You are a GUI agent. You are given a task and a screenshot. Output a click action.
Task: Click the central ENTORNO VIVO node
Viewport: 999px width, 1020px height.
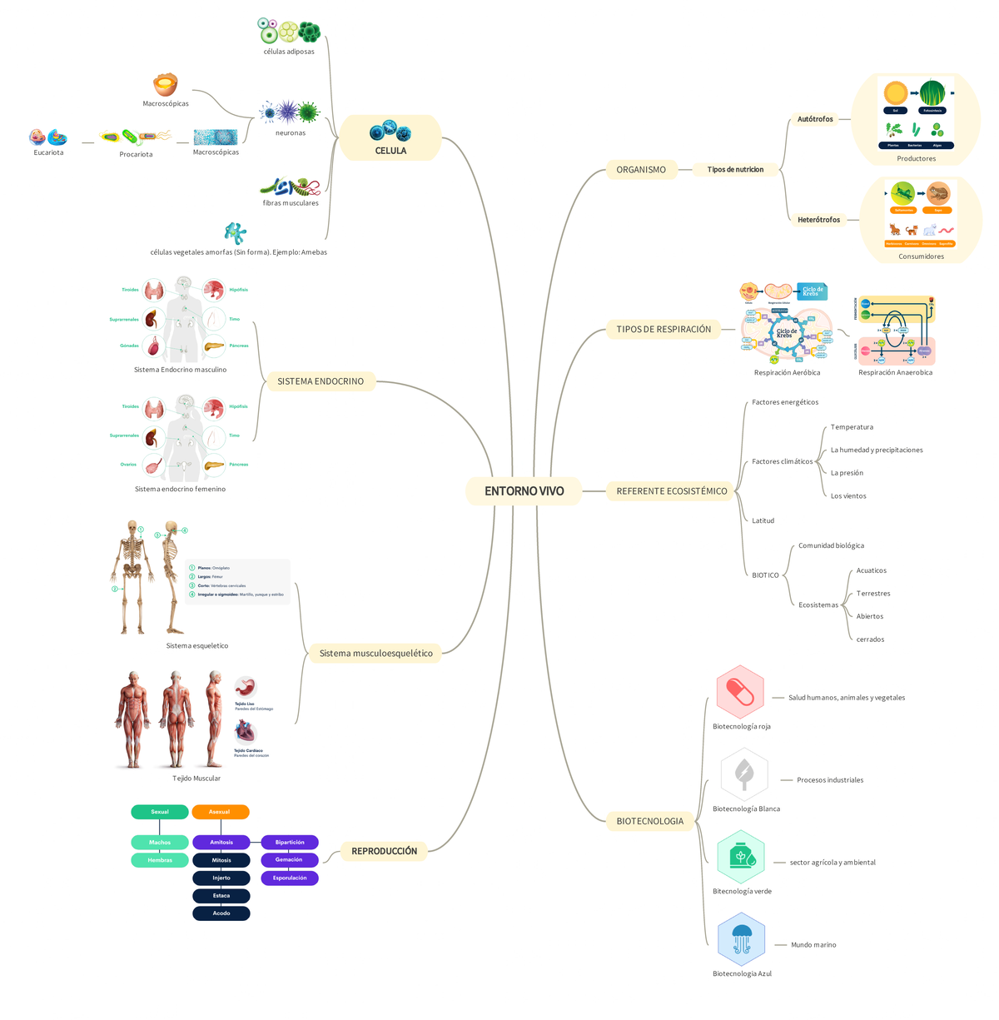[x=524, y=491]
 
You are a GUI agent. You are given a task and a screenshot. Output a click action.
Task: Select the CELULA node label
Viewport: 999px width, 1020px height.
[x=390, y=151]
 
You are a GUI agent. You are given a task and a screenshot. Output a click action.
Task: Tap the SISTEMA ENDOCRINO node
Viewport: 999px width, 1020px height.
[x=321, y=381]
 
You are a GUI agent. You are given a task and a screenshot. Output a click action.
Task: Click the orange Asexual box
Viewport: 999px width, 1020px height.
[x=220, y=812]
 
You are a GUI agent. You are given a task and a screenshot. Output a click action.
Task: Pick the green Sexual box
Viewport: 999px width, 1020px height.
[x=159, y=812]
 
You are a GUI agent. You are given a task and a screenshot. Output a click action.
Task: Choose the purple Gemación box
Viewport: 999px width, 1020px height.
[x=289, y=859]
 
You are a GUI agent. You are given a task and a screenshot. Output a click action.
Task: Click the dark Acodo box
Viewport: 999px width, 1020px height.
[x=221, y=913]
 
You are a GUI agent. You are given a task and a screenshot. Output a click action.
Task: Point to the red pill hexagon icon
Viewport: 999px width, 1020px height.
[x=740, y=692]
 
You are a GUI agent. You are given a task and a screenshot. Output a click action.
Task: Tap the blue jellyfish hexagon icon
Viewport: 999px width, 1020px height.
[x=741, y=939]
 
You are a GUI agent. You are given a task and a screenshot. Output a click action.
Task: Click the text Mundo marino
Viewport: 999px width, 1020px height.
[x=813, y=945]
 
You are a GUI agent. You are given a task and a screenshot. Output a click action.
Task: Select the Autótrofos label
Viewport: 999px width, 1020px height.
[x=815, y=119]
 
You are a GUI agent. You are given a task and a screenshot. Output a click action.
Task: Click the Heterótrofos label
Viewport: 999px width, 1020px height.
[x=818, y=220]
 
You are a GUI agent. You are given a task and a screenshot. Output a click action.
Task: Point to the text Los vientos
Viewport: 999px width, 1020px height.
[x=848, y=496]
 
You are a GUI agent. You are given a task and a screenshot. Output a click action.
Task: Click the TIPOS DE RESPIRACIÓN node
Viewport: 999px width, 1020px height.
[x=664, y=330]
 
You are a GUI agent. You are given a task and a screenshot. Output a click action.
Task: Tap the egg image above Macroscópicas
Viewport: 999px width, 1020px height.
[x=166, y=84]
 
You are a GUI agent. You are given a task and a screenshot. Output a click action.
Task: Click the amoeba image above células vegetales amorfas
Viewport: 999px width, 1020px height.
[x=236, y=232]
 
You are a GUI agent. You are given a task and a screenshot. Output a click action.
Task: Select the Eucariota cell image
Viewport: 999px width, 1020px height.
[x=48, y=137]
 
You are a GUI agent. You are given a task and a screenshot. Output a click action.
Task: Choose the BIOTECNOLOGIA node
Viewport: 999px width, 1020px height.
[x=649, y=821]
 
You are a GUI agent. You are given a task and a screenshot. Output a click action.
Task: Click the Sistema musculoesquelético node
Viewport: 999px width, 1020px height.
[x=375, y=654]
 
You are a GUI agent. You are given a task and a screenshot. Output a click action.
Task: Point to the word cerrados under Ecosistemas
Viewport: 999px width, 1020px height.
[x=870, y=639]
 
